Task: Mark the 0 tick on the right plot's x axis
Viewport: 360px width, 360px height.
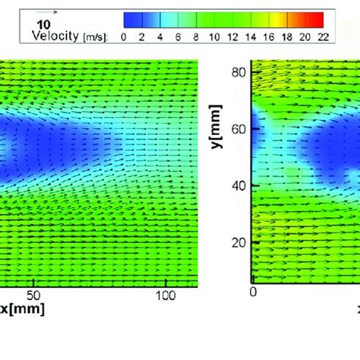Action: pos(254,292)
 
